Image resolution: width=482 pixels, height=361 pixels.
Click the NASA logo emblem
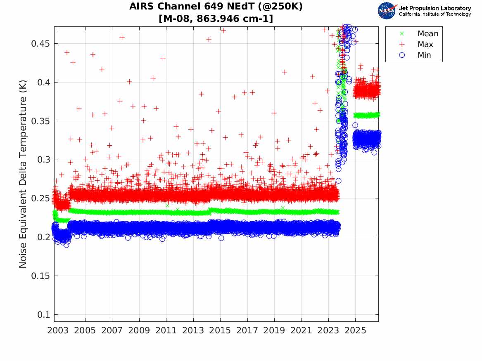point(387,11)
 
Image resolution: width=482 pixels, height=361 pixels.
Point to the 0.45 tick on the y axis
point(40,44)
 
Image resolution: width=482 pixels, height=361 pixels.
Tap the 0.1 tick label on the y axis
point(43,315)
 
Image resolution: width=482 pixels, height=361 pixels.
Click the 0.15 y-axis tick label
point(40,276)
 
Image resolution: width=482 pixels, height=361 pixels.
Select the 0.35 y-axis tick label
point(40,121)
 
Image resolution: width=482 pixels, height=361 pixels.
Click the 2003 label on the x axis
point(58,330)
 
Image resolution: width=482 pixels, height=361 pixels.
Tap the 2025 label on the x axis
point(355,330)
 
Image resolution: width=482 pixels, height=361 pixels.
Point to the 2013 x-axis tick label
point(193,330)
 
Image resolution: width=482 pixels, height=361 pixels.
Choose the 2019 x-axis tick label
point(274,330)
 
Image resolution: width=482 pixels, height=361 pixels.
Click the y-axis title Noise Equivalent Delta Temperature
point(23,174)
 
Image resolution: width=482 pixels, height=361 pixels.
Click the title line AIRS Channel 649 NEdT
point(216,6)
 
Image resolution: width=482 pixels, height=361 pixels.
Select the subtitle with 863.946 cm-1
point(216,19)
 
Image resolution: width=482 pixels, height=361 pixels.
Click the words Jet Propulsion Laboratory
point(435,8)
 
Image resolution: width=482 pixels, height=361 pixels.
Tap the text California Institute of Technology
point(435,14)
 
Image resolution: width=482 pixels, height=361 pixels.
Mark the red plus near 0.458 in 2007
point(122,38)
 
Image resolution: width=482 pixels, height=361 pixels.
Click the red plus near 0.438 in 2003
point(67,53)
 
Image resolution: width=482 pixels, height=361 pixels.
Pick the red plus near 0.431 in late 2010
point(163,58)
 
